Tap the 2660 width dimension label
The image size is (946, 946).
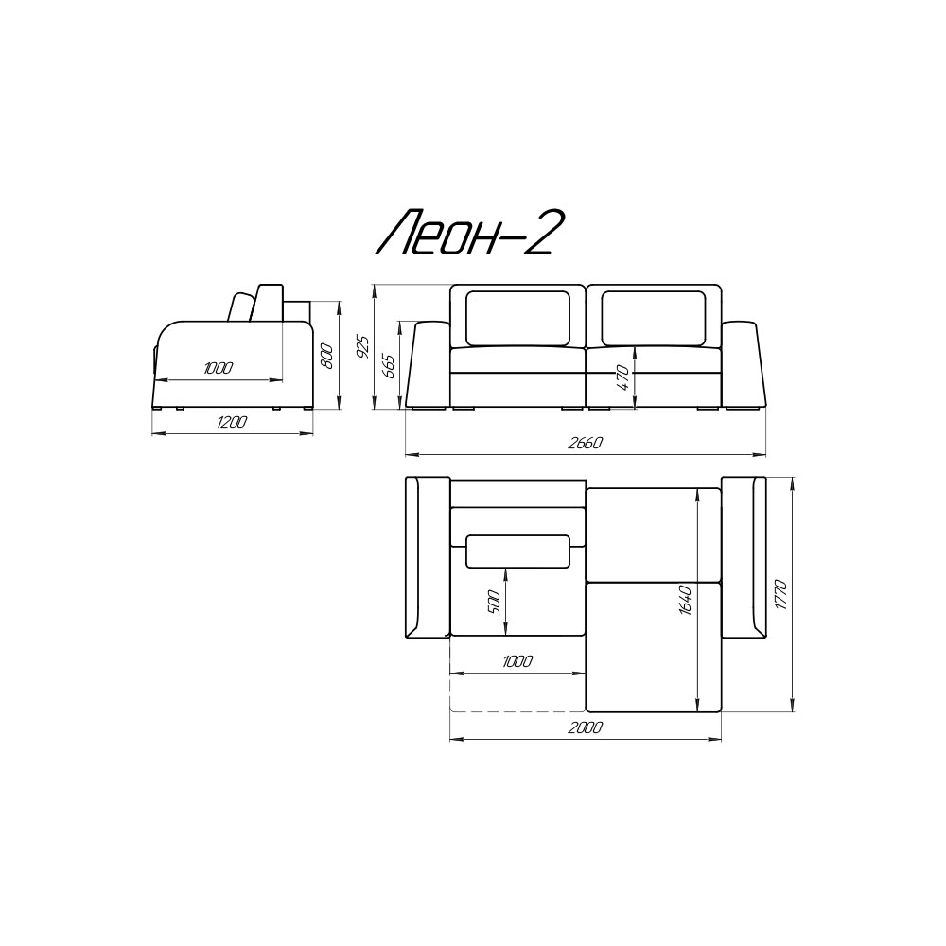click(585, 444)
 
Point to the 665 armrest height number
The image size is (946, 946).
click(388, 366)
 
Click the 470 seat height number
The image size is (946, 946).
click(623, 378)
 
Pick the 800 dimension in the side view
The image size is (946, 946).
click(325, 356)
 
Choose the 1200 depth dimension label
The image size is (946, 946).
click(231, 422)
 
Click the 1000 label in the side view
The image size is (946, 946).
click(218, 369)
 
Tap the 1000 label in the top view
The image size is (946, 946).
click(517, 661)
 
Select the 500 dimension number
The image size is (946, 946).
click(494, 602)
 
